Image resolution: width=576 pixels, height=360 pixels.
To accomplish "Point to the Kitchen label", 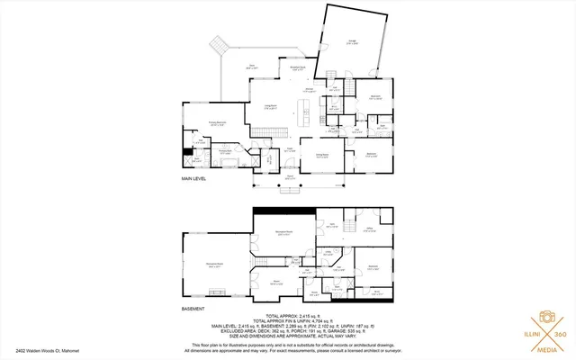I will (309, 90).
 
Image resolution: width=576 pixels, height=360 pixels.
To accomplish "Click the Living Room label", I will (269, 107).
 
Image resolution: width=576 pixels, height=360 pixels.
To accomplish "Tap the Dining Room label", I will (322, 156).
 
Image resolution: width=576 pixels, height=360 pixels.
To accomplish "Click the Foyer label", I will (290, 148).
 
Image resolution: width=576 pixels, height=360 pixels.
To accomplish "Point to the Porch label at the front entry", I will (290, 177).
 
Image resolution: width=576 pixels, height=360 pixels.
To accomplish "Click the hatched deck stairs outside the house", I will (220, 45).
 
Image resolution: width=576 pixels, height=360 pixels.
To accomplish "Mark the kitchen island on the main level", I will (306, 112).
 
